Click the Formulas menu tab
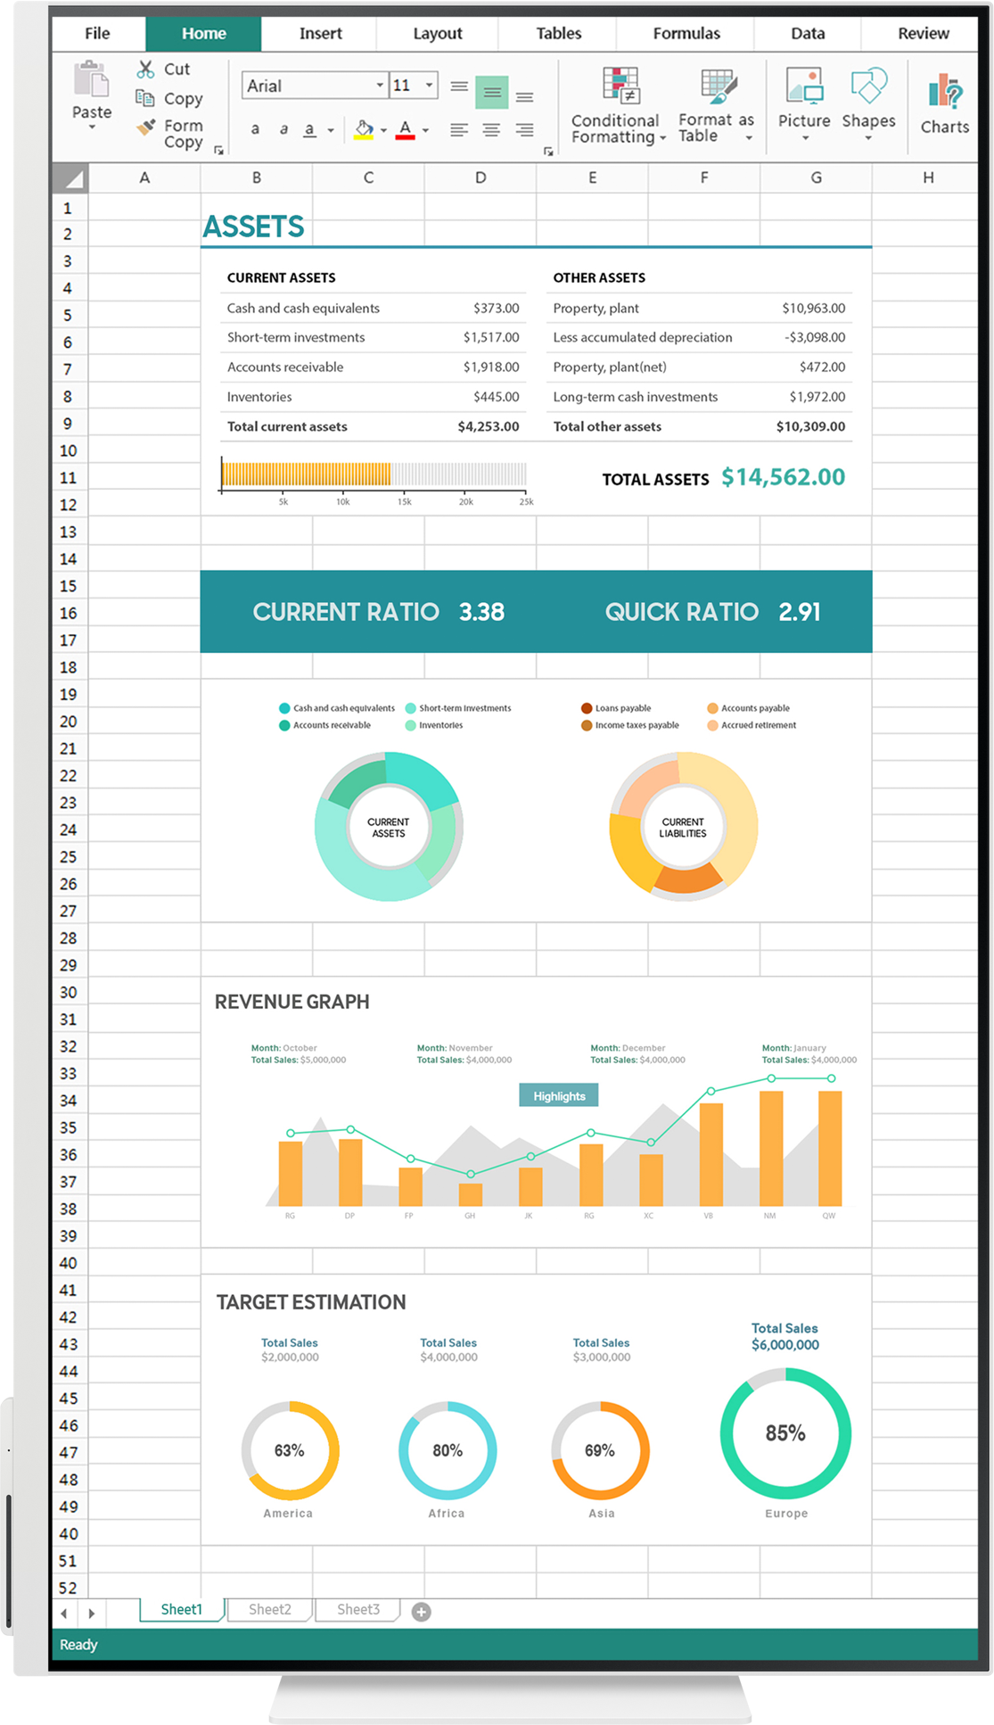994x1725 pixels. point(686,34)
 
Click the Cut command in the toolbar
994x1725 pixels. point(165,70)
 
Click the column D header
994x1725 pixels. point(481,177)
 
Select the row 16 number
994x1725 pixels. point(69,614)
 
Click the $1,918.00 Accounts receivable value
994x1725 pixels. point(490,367)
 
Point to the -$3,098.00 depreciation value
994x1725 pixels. point(815,337)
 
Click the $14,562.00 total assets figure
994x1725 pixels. point(783,477)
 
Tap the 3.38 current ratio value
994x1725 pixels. point(481,612)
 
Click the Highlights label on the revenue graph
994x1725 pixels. point(559,1095)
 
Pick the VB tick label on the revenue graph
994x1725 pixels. point(708,1216)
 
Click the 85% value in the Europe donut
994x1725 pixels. point(785,1433)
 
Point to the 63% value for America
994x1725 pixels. point(289,1450)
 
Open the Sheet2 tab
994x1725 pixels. point(269,1609)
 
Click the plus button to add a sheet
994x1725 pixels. point(422,1611)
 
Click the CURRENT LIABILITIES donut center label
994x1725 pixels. point(683,828)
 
